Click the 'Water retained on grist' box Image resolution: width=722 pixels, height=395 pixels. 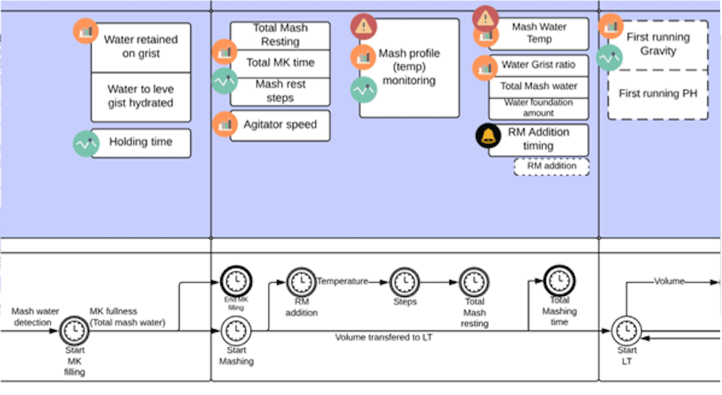pos(141,47)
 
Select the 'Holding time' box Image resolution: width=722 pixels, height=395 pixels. pos(141,142)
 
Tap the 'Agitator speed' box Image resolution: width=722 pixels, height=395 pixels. pos(280,125)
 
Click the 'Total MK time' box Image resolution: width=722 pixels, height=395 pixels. pos(280,63)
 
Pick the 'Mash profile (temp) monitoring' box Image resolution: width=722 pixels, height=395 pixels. pos(409,68)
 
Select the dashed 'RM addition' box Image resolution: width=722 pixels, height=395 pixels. pos(551,166)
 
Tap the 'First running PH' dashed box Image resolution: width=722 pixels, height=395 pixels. pos(658,94)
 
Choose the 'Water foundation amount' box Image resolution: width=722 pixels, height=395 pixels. pos(539,108)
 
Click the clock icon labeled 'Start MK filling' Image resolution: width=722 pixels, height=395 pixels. pos(75,330)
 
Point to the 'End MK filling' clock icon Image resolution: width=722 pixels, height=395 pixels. pos(235,281)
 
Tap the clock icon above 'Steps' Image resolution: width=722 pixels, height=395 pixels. pos(405,282)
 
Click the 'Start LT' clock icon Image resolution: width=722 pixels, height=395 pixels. pos(627,330)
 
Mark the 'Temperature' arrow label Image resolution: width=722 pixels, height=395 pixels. pos(342,282)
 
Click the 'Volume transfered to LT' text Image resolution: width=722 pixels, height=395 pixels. pos(384,337)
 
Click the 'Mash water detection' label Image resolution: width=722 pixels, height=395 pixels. pos(31,317)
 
